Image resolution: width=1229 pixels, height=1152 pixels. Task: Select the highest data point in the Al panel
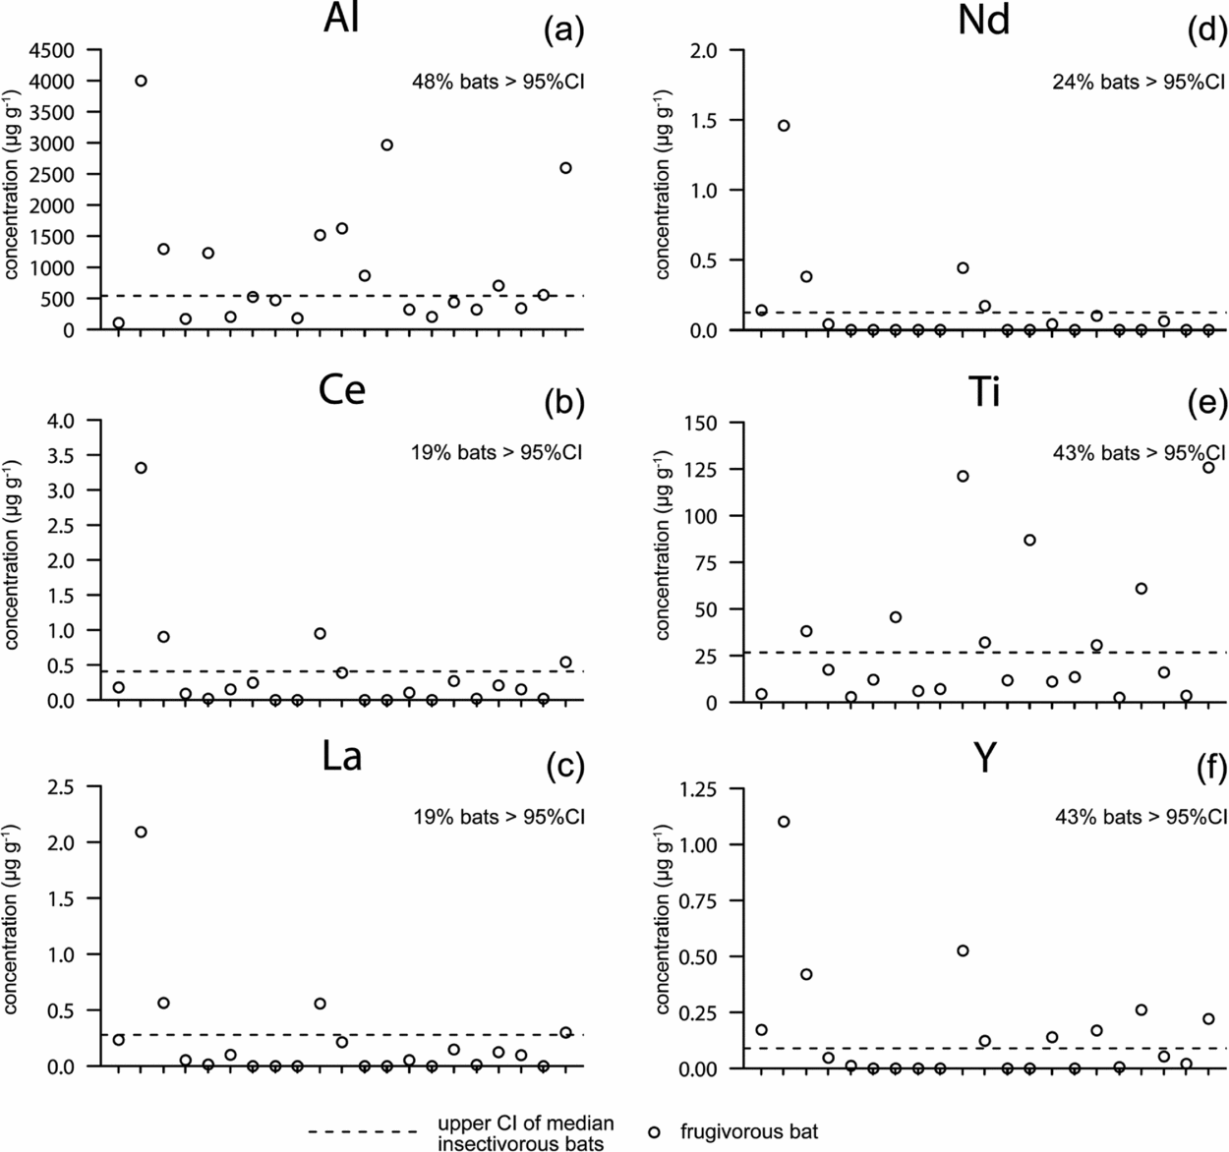(x=141, y=81)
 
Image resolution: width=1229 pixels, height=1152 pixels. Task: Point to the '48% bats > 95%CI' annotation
(x=498, y=82)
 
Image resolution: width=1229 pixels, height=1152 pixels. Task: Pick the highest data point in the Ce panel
(x=141, y=468)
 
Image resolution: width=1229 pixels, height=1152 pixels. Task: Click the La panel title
(x=341, y=758)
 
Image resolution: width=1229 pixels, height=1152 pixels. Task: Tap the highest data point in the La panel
(x=141, y=832)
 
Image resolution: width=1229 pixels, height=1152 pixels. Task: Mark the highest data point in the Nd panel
(x=784, y=126)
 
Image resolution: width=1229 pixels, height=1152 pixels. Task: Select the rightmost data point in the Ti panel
(x=1208, y=468)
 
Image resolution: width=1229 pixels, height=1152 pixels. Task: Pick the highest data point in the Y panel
(x=784, y=822)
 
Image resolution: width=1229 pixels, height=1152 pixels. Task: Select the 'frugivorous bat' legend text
(x=748, y=1132)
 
